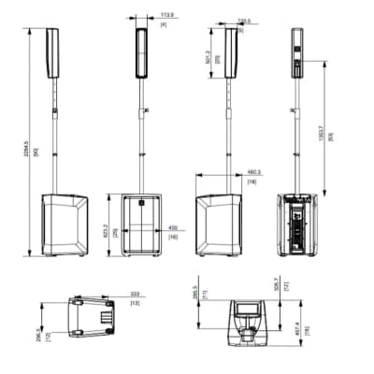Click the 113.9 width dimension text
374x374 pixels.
[168, 16]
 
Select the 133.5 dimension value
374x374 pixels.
[246, 19]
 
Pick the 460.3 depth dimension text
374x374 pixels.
[252, 171]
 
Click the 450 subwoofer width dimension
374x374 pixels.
[172, 227]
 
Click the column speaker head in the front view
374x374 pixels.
[142, 52]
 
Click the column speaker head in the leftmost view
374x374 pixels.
[53, 52]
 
